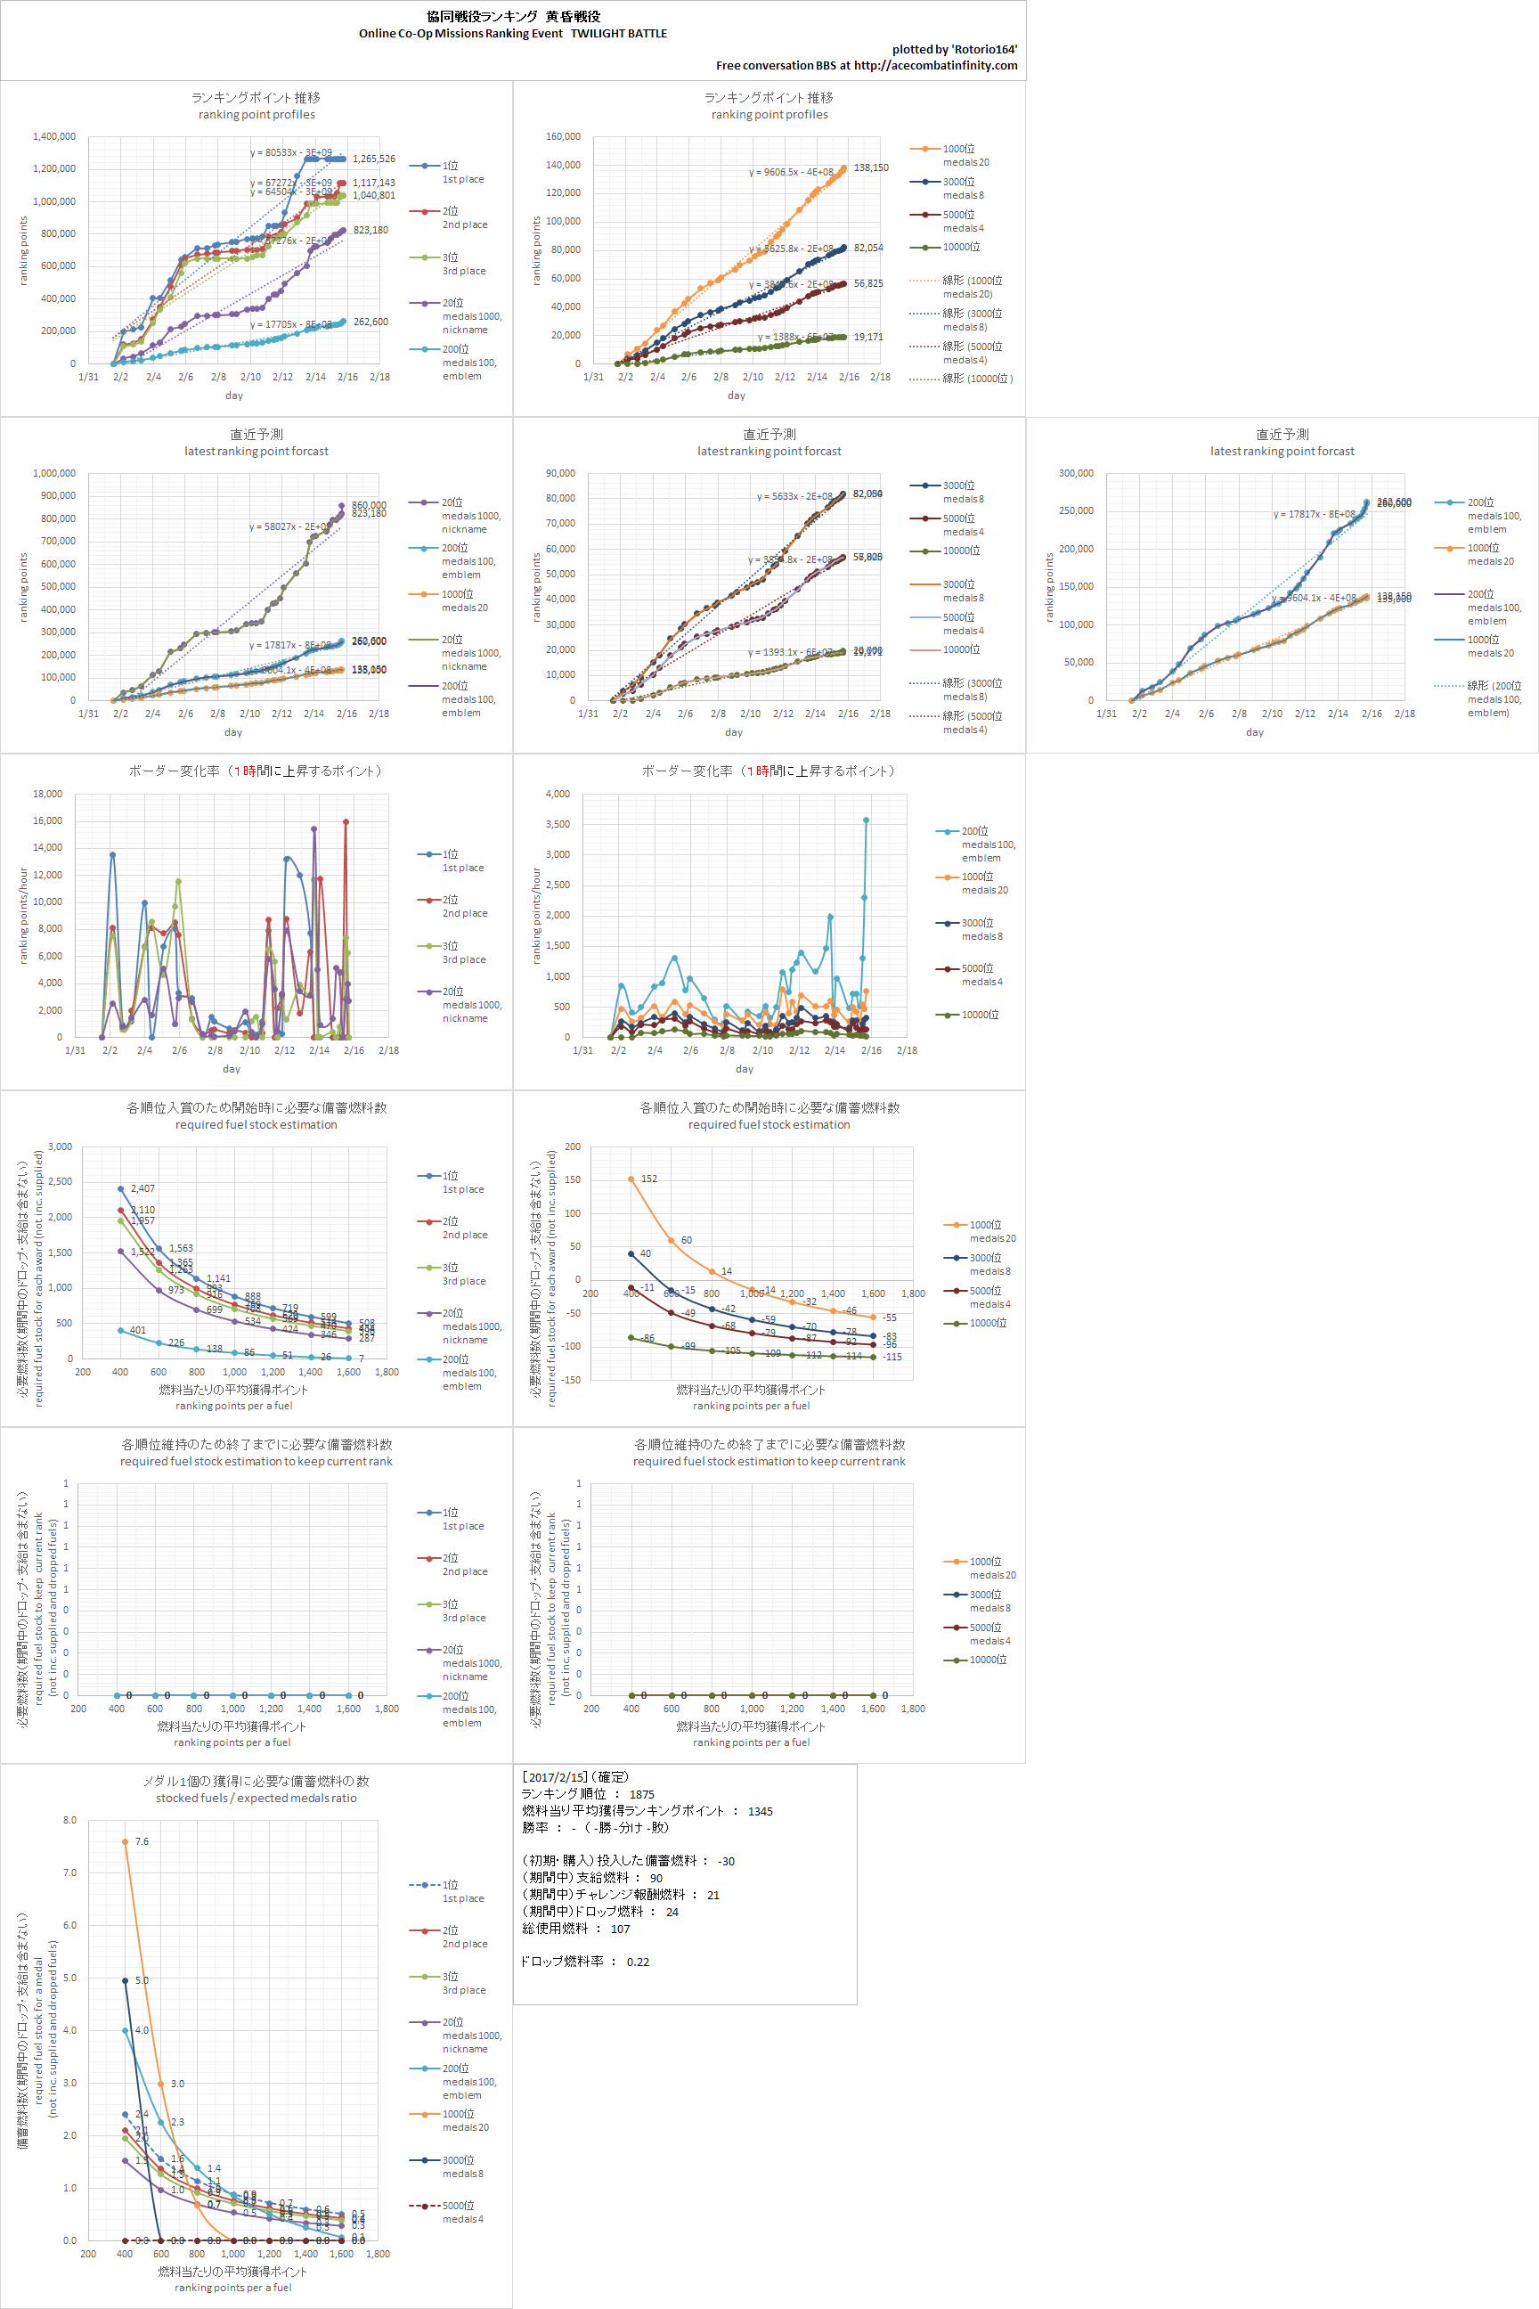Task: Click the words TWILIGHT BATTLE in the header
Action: tap(618, 33)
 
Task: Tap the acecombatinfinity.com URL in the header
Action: tap(935, 66)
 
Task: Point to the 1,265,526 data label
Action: tap(374, 159)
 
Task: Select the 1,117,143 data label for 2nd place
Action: tap(374, 183)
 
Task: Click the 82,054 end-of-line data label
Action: tap(868, 249)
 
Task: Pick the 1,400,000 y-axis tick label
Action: tap(54, 136)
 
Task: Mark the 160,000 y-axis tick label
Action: tap(564, 136)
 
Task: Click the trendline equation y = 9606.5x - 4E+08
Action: tap(791, 173)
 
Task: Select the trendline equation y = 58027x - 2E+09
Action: tap(289, 527)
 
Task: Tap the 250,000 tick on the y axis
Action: tap(1076, 510)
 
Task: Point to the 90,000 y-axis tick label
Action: tap(560, 473)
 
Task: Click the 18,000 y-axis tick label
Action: tap(47, 795)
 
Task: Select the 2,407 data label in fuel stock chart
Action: tap(142, 1189)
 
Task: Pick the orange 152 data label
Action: tap(648, 1179)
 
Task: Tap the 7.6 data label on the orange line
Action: tap(142, 1841)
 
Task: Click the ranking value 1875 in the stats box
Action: tap(642, 1795)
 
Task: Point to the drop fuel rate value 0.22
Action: tap(638, 1962)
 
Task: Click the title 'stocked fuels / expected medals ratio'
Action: tap(256, 1799)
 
